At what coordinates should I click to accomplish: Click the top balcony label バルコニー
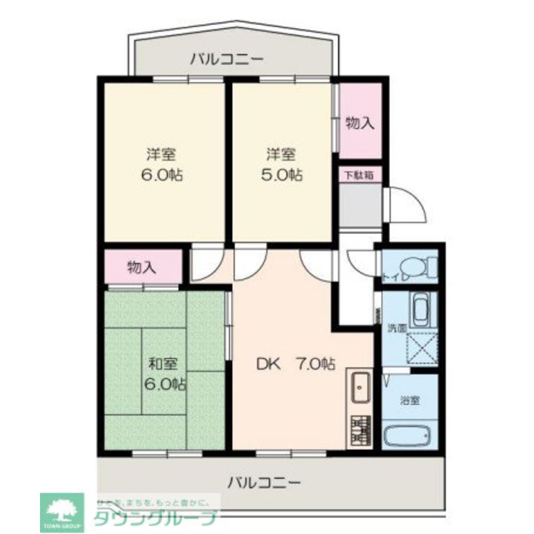tap(227, 59)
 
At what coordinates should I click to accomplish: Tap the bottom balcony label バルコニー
tap(265, 483)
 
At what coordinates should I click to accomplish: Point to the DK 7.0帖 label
tap(296, 365)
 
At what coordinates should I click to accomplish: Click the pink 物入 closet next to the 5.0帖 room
tap(360, 123)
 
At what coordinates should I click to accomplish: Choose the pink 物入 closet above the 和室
tap(142, 267)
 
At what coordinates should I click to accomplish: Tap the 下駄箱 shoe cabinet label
tap(358, 175)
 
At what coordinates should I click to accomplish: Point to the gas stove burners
tap(361, 429)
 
